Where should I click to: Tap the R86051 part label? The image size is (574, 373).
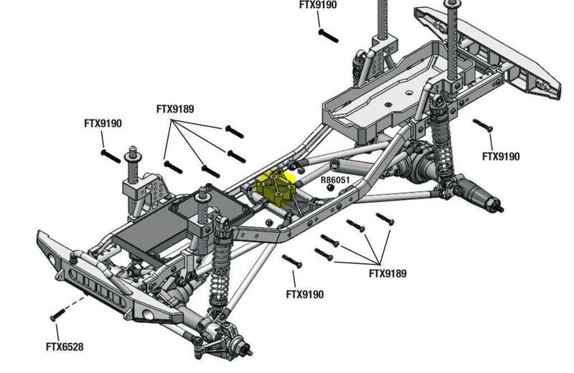pos(335,180)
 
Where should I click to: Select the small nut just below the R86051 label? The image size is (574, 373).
pos(330,189)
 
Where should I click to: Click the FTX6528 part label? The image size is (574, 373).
pos(65,347)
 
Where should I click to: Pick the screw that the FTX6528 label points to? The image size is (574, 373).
pos(57,316)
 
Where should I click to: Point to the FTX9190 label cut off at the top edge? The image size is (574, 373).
pos(318,5)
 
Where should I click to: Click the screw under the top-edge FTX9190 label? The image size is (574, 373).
pos(328,34)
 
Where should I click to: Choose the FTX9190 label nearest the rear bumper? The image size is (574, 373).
pos(501,156)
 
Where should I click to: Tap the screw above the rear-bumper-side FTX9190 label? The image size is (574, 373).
pos(482,126)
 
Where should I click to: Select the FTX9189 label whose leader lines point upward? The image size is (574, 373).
pos(388,273)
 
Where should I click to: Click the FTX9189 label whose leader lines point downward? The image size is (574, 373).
pos(175,109)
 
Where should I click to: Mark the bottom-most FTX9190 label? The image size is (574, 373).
pos(305,294)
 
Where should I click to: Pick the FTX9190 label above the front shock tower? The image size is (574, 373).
pos(103,123)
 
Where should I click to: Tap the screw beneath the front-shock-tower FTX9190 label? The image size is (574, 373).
pos(110,155)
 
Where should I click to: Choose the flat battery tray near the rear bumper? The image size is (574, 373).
pos(380,97)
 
